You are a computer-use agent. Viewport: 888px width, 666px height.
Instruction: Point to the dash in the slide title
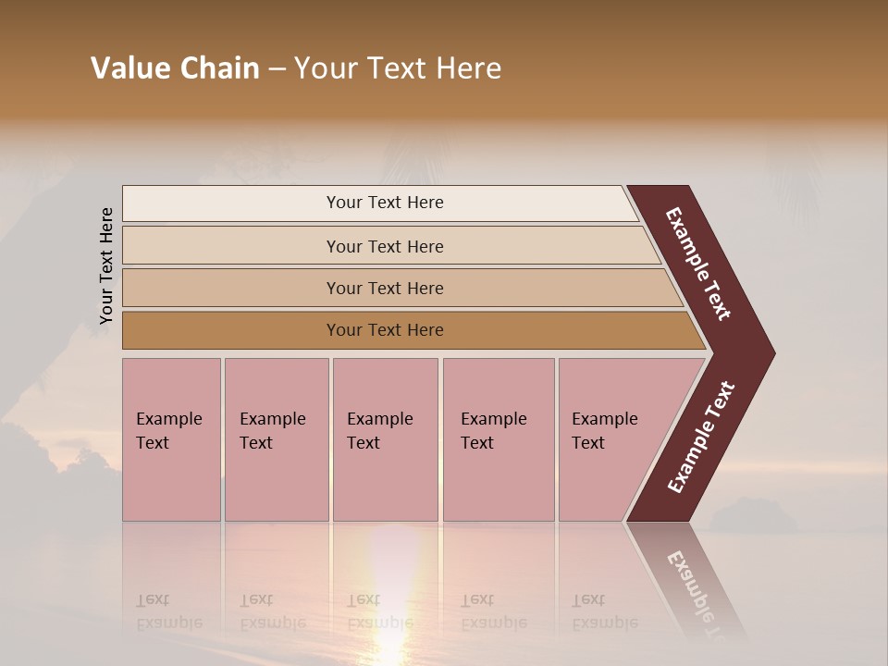tap(276, 69)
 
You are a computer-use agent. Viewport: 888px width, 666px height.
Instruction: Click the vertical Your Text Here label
tap(106, 265)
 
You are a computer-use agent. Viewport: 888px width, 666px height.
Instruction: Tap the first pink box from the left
tap(171, 439)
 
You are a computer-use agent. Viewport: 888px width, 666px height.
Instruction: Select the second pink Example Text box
tap(276, 439)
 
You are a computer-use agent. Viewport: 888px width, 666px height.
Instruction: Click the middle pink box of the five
tap(385, 439)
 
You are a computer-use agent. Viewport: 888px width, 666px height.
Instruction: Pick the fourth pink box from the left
tap(498, 439)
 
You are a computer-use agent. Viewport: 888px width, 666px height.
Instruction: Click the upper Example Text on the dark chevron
tap(698, 264)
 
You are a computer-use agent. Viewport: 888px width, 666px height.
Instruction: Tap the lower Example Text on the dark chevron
tap(701, 438)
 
